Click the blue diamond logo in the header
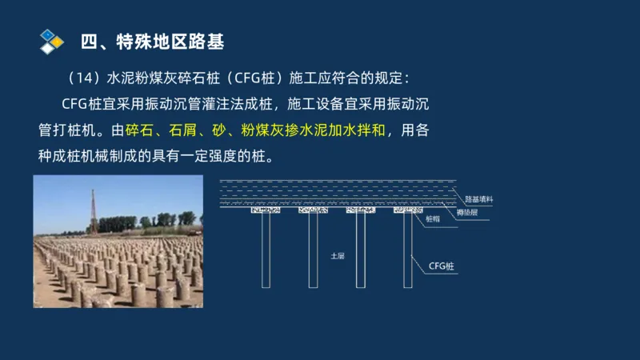50,41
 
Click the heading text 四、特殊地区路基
153,40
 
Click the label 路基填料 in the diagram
478,198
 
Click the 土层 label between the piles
337,256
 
